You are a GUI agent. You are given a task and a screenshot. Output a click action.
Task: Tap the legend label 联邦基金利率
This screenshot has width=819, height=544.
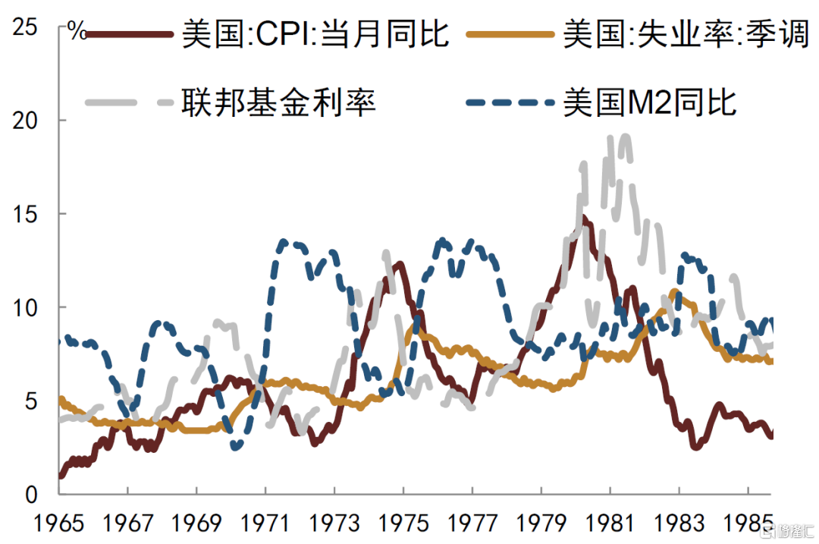point(278,102)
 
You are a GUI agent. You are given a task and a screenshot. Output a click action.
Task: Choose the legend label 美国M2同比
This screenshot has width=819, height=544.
point(649,102)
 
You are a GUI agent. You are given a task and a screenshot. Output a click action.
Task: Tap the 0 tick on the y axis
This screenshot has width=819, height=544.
point(32,495)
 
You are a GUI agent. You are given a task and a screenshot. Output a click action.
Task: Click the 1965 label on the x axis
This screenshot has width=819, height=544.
point(58,524)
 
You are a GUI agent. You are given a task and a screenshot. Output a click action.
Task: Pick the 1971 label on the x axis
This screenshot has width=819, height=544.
point(265,524)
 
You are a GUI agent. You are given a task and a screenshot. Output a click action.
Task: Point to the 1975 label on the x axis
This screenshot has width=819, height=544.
point(403,524)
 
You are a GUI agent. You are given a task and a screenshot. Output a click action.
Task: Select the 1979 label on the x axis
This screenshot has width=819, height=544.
point(541,524)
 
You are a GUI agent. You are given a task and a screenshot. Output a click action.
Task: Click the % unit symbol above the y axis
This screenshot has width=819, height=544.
point(76,30)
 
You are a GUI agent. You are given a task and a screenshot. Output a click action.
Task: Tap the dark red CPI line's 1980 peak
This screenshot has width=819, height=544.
point(583,218)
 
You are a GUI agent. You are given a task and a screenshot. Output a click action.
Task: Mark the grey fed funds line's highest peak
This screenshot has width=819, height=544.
point(624,137)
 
